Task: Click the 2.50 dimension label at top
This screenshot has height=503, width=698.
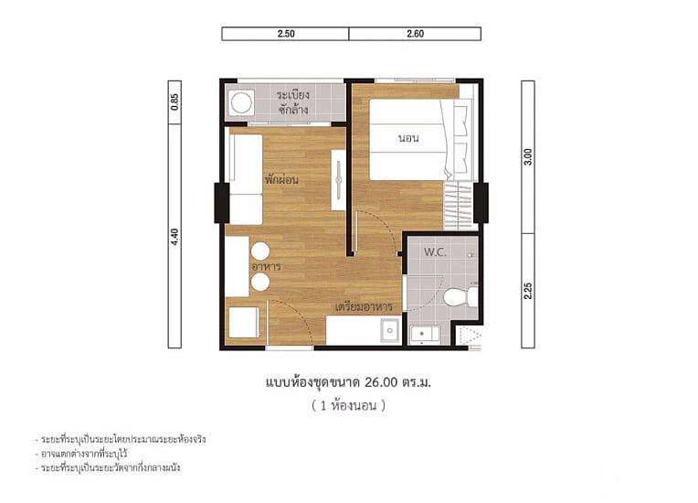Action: pyautogui.click(x=286, y=34)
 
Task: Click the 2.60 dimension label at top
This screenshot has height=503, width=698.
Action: pyautogui.click(x=415, y=34)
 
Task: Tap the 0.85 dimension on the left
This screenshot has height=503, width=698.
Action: pyautogui.click(x=174, y=102)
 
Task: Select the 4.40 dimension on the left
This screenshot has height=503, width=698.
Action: pyautogui.click(x=174, y=237)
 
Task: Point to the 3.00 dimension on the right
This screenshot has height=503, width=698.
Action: pyautogui.click(x=528, y=156)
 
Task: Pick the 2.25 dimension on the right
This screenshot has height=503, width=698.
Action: pyautogui.click(x=528, y=291)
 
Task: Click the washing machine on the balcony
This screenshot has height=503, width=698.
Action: pyautogui.click(x=242, y=103)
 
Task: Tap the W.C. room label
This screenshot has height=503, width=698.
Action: pyautogui.click(x=435, y=252)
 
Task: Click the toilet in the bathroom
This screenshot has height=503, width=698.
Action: pyautogui.click(x=460, y=296)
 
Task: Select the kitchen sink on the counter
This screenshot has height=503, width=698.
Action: pyautogui.click(x=390, y=330)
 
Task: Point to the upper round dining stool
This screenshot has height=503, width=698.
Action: pyautogui.click(x=260, y=251)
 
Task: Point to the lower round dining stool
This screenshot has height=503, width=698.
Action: pyautogui.click(x=260, y=282)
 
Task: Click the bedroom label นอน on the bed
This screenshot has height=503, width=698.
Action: pyautogui.click(x=408, y=138)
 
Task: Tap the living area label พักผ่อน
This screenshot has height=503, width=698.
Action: pyautogui.click(x=281, y=180)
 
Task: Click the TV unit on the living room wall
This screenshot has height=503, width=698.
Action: pyautogui.click(x=338, y=180)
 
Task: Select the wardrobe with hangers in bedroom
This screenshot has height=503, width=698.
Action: pyautogui.click(x=459, y=206)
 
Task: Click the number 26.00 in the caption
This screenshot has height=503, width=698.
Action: pyautogui.click(x=381, y=382)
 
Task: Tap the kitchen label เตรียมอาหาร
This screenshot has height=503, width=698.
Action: pyautogui.click(x=364, y=307)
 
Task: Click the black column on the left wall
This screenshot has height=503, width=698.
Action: pyautogui.click(x=222, y=203)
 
